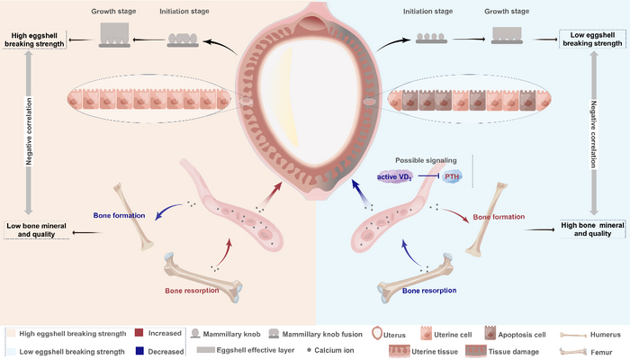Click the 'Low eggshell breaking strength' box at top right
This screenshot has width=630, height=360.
tap(591, 40)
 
